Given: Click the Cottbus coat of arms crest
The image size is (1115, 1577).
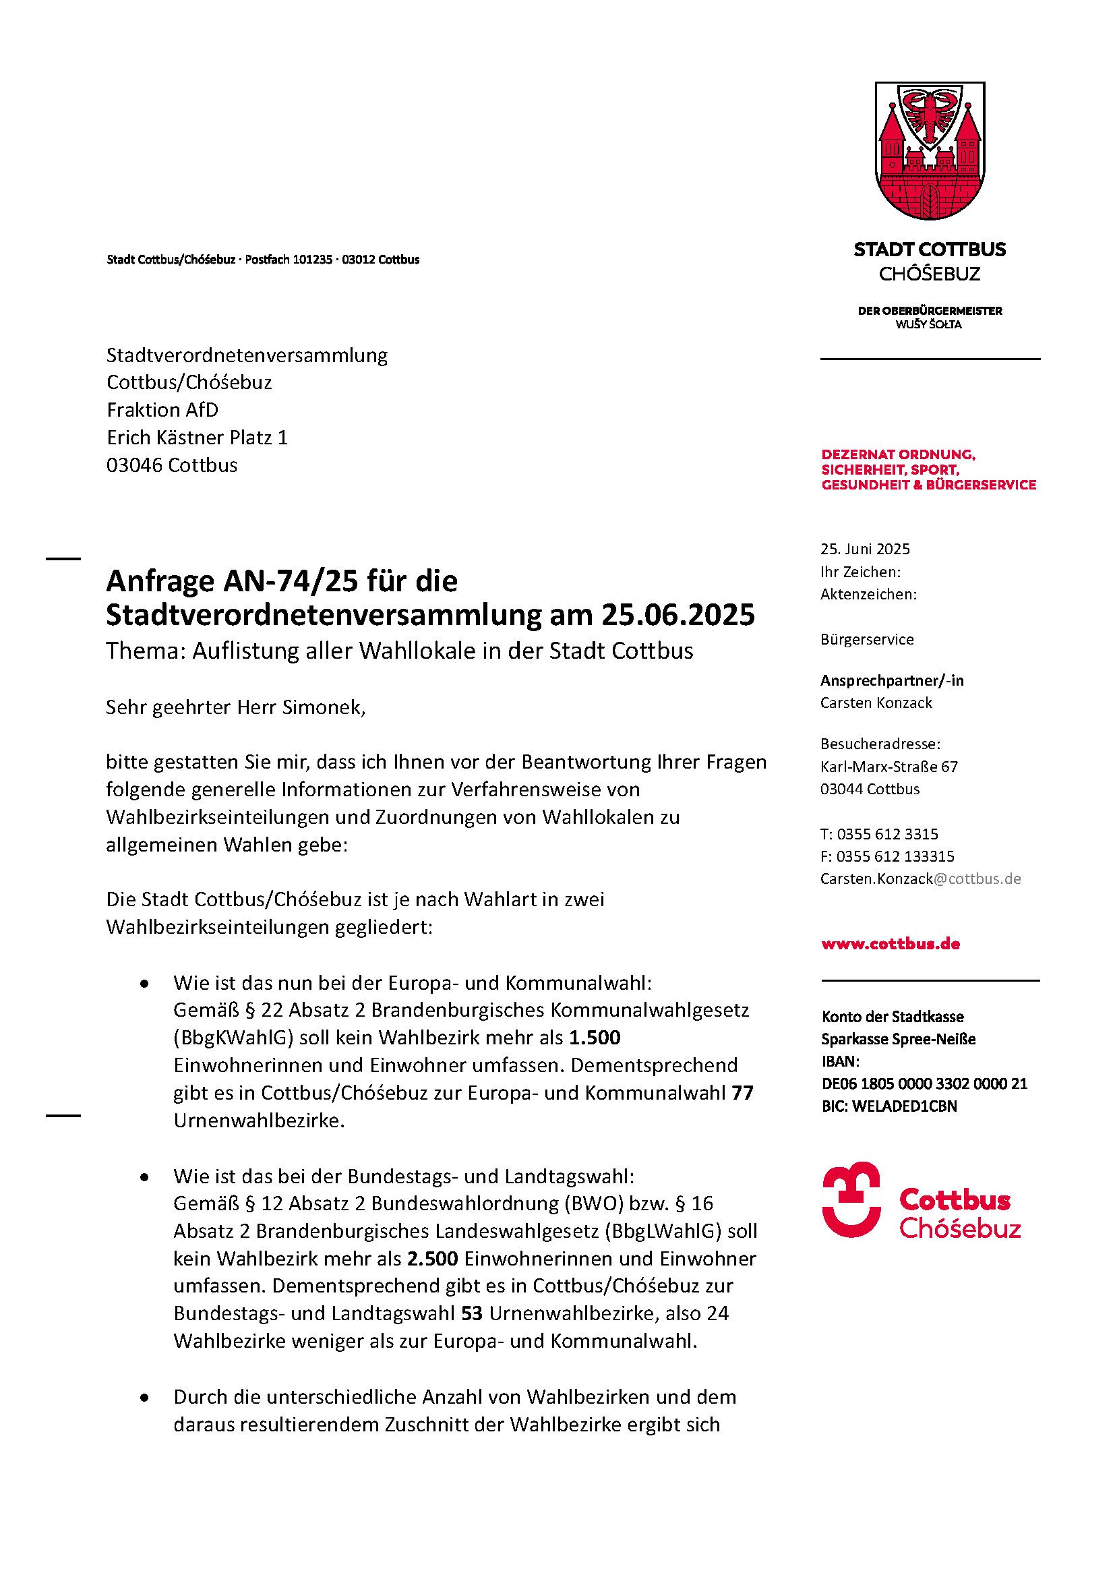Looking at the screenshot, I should [x=930, y=150].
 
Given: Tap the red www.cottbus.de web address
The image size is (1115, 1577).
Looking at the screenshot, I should [x=891, y=944].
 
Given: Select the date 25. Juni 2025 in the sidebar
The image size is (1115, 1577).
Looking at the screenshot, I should [x=865, y=549].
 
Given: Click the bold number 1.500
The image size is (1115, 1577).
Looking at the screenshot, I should [x=595, y=1037].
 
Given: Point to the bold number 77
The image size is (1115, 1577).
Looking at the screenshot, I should [x=742, y=1092].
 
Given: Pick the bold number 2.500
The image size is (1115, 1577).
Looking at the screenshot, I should [x=433, y=1258].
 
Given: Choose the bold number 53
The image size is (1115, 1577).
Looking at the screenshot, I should [x=472, y=1313].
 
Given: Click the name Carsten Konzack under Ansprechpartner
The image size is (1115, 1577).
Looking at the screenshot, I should [x=876, y=703].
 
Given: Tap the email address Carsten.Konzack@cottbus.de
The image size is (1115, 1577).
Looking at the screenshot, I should [x=921, y=879].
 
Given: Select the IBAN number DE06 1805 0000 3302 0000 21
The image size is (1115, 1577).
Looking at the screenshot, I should [x=924, y=1083].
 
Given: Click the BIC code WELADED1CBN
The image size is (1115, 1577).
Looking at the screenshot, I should [x=889, y=1106].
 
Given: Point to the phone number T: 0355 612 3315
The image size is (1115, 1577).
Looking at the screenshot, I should [x=879, y=834].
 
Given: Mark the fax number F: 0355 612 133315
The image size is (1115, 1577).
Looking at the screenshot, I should [x=887, y=856].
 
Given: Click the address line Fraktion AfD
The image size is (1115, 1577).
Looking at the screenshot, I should [x=162, y=409].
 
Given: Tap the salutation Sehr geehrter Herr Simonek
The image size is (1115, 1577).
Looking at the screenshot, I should [x=235, y=707].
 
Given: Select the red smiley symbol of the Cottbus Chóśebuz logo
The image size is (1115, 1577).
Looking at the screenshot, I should [x=851, y=1199].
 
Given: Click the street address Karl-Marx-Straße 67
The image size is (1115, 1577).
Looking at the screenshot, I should [x=888, y=767].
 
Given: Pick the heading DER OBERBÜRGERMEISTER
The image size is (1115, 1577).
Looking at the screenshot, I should [x=930, y=310].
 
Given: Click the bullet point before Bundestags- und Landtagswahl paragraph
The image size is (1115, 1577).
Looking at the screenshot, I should [x=144, y=1177].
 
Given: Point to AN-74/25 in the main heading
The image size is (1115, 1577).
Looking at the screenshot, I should [x=291, y=581].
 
